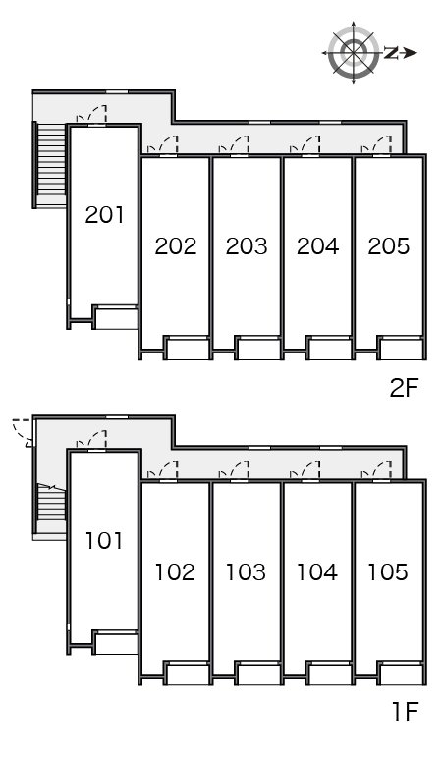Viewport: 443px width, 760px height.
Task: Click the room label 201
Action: [x=104, y=215]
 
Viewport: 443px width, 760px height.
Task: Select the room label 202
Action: [x=176, y=245]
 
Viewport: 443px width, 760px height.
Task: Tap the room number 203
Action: [x=247, y=245]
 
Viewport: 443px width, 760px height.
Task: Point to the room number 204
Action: [x=317, y=245]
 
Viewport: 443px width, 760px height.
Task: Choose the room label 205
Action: [x=388, y=245]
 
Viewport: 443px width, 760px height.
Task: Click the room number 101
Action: [x=104, y=540]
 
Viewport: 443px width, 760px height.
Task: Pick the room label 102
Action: [x=176, y=571]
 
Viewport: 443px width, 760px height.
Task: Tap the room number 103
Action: [x=247, y=571]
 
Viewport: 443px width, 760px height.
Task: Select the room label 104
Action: [x=317, y=571]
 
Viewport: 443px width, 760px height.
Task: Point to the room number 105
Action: [x=388, y=571]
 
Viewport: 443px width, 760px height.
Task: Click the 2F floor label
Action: [x=404, y=387]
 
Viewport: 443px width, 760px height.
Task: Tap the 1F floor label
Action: [x=404, y=712]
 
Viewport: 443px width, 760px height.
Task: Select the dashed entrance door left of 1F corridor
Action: [x=24, y=430]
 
